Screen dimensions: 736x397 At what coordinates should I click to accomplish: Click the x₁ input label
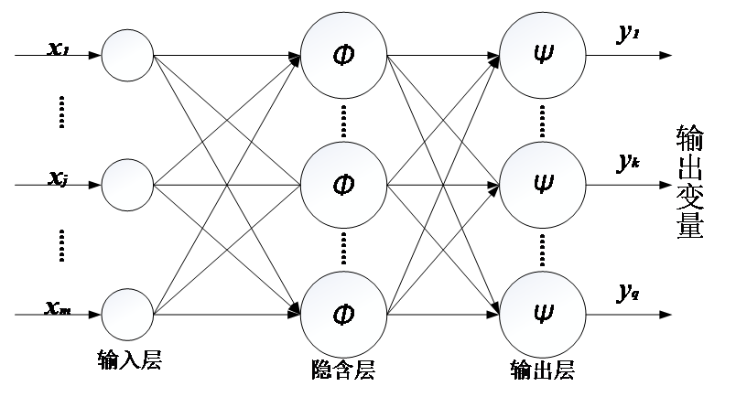point(59,48)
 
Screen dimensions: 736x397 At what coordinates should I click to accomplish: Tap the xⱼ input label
point(59,178)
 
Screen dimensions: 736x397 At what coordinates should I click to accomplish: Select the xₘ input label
point(58,307)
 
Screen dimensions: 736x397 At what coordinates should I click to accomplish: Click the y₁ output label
point(628,33)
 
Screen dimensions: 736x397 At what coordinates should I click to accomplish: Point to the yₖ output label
point(628,162)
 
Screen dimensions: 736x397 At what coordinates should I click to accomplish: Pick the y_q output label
point(628,293)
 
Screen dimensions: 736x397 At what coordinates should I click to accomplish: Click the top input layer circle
point(127,56)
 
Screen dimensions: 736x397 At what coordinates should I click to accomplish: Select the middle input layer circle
point(127,185)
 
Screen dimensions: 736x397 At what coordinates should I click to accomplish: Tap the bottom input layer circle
point(127,315)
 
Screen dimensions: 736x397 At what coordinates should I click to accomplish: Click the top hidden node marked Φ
point(343,56)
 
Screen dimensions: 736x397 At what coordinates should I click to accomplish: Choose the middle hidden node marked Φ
point(343,185)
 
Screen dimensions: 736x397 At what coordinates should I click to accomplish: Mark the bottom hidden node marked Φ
point(343,315)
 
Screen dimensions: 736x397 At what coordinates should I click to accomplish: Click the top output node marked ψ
point(543,56)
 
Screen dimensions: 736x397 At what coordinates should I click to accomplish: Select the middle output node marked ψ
point(543,185)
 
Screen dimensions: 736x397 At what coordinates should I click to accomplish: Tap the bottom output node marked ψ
point(543,315)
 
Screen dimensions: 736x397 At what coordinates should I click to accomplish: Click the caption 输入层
point(130,359)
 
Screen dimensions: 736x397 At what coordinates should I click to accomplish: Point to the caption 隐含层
point(343,370)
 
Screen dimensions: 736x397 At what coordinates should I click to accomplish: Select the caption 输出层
point(543,370)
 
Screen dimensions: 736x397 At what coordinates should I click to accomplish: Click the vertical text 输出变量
point(689,182)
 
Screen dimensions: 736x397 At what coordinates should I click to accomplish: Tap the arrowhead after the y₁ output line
point(666,56)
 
